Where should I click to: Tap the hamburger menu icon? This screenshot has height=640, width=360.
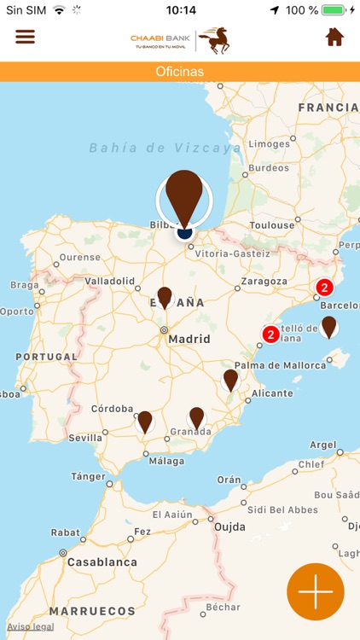[26, 38]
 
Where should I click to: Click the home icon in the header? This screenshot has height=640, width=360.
[334, 38]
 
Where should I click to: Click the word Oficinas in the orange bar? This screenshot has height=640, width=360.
[180, 72]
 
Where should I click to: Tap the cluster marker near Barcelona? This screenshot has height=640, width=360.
[324, 288]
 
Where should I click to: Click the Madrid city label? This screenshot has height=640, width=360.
[189, 339]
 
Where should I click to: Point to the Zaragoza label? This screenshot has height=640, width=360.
[264, 281]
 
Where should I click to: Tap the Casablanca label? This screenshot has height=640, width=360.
[102, 562]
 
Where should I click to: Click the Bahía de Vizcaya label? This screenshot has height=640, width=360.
[165, 148]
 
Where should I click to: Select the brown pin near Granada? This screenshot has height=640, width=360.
[197, 417]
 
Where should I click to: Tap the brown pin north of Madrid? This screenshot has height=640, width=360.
[165, 297]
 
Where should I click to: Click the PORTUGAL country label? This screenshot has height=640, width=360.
[47, 357]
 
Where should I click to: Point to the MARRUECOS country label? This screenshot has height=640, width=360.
[92, 611]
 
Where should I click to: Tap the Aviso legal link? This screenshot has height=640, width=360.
[31, 626]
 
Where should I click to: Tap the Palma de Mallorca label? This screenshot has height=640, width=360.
[281, 366]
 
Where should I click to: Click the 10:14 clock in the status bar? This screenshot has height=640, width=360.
[181, 10]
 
